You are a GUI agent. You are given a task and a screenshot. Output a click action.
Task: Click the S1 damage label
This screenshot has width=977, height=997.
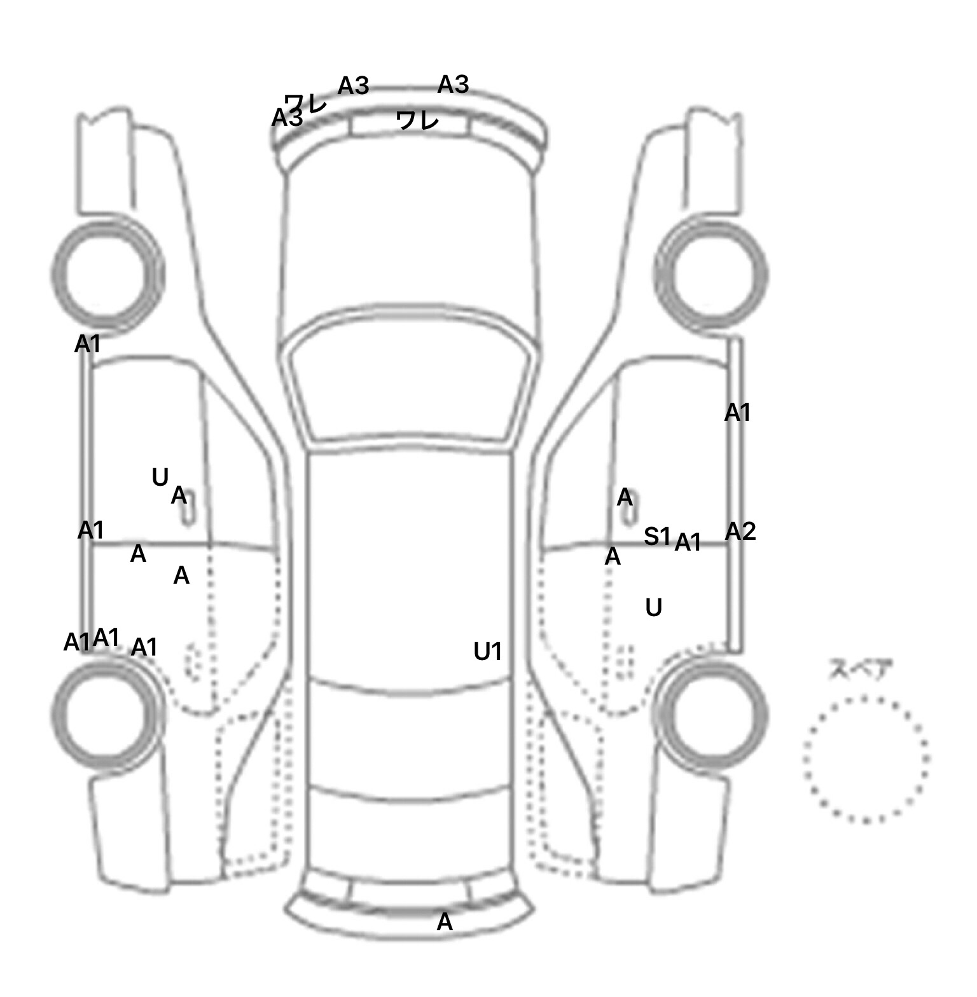pyautogui.click(x=657, y=537)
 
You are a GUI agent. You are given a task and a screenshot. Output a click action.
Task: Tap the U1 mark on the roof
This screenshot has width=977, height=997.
pyautogui.click(x=488, y=652)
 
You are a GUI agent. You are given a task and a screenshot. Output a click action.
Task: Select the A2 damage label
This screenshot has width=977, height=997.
pyautogui.click(x=740, y=532)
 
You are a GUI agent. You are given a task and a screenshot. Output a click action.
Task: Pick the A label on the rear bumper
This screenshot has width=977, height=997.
pyautogui.click(x=445, y=922)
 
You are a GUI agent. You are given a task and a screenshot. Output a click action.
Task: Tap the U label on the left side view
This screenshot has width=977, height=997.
pyautogui.click(x=160, y=477)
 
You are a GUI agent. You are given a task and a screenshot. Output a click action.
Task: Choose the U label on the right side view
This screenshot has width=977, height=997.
pyautogui.click(x=654, y=608)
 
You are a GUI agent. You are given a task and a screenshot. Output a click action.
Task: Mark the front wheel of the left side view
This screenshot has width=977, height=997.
pyautogui.click(x=107, y=273)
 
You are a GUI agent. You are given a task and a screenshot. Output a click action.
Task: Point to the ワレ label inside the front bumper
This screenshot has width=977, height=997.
pyautogui.click(x=417, y=120)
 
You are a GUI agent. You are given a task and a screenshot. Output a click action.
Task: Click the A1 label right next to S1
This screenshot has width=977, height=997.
pyautogui.click(x=688, y=543)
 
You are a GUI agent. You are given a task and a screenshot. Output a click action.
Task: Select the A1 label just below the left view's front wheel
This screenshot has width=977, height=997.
pyautogui.click(x=88, y=345)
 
